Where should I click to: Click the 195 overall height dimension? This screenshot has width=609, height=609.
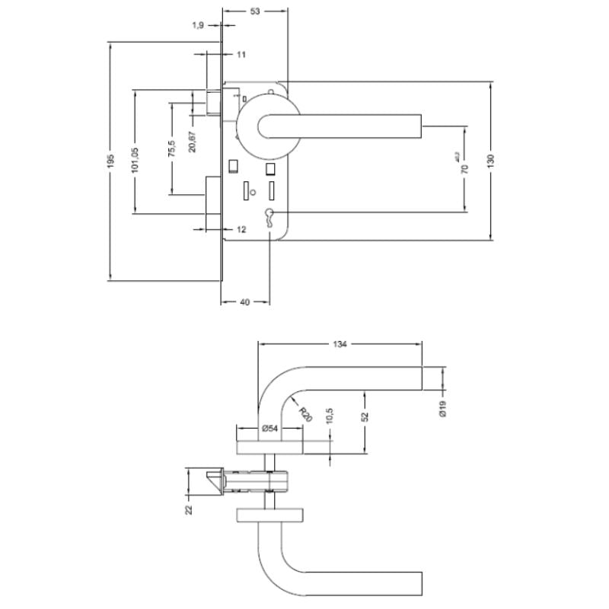pos(110,161)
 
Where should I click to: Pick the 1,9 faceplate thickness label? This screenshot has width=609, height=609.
pos(198,25)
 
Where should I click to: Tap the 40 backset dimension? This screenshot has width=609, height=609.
pos(245,302)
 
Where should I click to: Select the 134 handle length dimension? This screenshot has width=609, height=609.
pos(340,344)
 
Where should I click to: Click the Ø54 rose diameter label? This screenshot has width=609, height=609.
pos(269,429)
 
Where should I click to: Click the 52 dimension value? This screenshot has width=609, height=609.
pos(365,416)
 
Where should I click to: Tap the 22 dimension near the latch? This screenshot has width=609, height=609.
pos(190,508)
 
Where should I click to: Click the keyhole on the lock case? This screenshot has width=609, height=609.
pos(270,215)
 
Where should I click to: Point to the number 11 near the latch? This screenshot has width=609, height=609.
pos(241,55)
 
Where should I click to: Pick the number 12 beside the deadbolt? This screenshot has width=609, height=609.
pos(241,229)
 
